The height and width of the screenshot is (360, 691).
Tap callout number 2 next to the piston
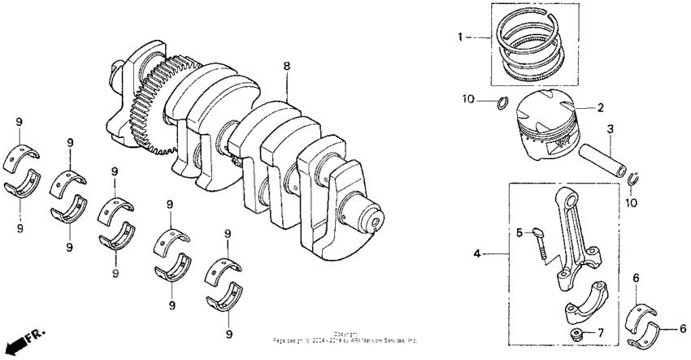click(x=601, y=107)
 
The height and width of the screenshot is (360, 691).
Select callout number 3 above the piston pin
click(x=610, y=128)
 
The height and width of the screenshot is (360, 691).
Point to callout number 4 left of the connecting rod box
click(x=477, y=254)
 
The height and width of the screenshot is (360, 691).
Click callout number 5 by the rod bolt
click(x=518, y=232)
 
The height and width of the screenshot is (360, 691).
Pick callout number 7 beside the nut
click(x=601, y=333)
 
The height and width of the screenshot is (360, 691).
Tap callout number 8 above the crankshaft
click(x=285, y=64)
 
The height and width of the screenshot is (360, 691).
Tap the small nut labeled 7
click(x=576, y=336)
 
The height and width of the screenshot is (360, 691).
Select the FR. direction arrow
click(x=24, y=340)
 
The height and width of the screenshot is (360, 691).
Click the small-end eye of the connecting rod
click(x=569, y=203)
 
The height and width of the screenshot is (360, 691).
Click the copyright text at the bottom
click(x=345, y=337)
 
